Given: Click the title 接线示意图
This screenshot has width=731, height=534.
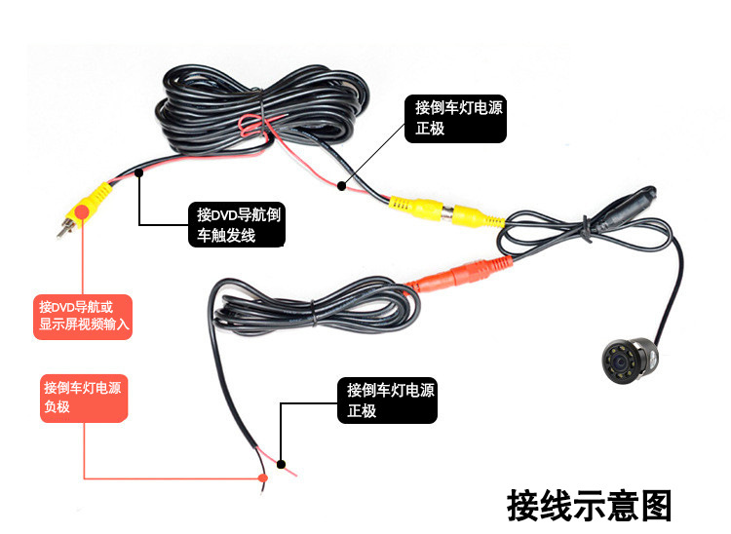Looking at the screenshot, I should [x=590, y=506].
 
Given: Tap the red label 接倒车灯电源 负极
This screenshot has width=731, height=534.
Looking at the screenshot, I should [x=83, y=397].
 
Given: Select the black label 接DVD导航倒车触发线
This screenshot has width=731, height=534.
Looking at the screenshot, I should [x=238, y=225].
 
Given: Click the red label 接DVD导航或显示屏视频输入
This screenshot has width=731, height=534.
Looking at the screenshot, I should [x=83, y=315].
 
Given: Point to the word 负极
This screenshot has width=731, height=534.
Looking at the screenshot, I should [x=57, y=407].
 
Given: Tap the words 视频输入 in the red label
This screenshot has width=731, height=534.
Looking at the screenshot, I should [x=106, y=324].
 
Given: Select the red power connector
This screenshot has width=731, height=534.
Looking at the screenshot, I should [x=458, y=275].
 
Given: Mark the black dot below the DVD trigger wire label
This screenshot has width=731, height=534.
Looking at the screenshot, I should [x=140, y=173].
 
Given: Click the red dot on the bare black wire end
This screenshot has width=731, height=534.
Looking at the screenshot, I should [x=262, y=477].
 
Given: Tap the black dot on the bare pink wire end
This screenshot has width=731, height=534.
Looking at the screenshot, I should [x=281, y=464].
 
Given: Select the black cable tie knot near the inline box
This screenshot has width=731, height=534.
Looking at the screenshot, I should [x=589, y=228].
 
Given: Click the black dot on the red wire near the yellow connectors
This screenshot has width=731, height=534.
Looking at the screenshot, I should [x=341, y=184].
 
